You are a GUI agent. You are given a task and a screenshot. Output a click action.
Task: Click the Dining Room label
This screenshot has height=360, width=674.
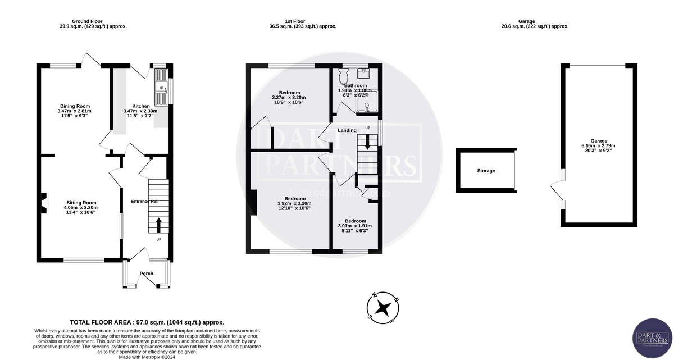point(75,106)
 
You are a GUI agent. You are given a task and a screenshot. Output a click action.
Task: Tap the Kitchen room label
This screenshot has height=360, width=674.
point(140,106)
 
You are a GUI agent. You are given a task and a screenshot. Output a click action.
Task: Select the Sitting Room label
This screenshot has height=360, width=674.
point(81,203)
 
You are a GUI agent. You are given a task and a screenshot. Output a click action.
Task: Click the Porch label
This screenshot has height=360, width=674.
point(147,274)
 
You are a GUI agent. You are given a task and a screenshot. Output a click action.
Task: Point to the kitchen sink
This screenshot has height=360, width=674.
point(161,88)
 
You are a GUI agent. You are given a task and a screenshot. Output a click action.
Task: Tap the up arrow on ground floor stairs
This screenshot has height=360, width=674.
point(158,225)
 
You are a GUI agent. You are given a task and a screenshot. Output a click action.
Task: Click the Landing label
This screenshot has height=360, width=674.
point(347,130)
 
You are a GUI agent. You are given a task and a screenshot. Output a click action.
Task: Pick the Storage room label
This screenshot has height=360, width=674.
point(486,171)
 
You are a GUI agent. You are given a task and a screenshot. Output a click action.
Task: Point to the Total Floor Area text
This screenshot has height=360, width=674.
point(147,322)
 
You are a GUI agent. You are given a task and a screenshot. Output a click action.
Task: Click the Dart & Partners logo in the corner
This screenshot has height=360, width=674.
point(652,338)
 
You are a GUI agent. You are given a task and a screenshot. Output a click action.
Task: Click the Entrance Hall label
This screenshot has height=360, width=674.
point(146,202)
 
